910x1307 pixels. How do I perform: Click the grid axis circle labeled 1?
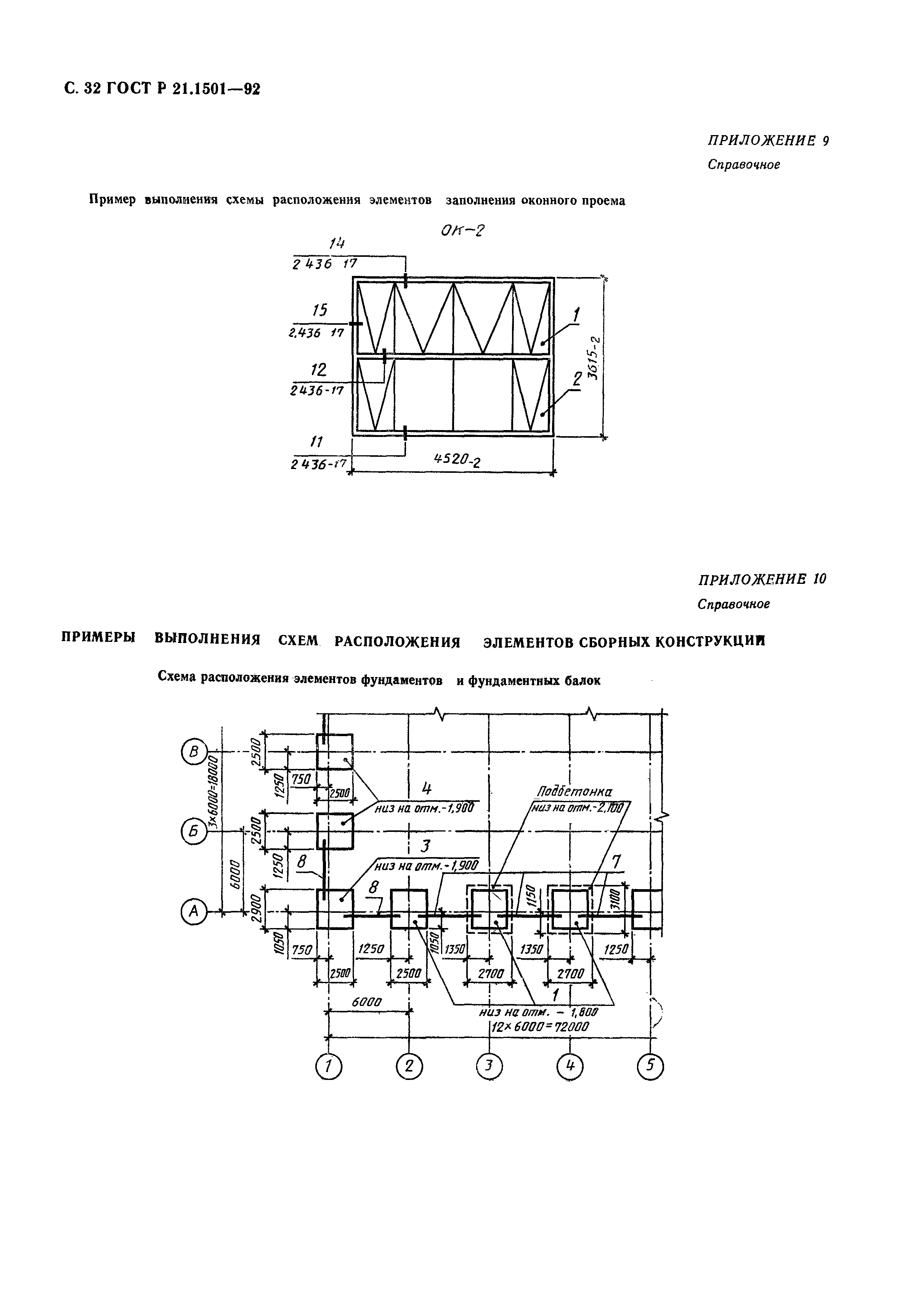[328, 1066]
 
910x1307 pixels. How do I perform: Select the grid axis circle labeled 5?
[651, 1066]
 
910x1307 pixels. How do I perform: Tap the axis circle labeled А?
[194, 911]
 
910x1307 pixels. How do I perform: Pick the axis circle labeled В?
[194, 752]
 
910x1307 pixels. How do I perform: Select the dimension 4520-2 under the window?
[457, 459]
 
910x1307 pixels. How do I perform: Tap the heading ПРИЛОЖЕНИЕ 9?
[768, 140]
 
